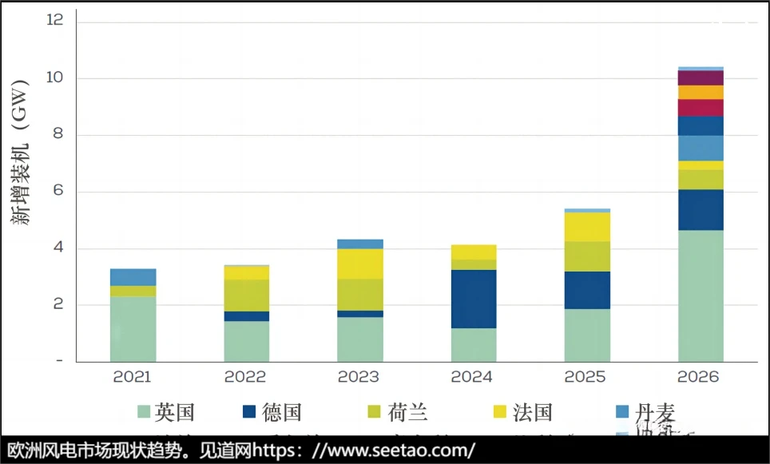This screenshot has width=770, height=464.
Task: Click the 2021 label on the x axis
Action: click(133, 376)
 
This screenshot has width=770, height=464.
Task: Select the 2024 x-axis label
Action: click(473, 376)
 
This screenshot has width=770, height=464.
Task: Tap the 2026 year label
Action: click(699, 376)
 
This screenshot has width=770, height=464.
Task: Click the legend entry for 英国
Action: click(166, 412)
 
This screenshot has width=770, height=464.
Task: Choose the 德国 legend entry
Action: click(272, 412)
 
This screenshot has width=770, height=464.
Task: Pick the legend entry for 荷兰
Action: click(397, 412)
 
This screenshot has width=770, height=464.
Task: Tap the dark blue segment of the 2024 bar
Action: click(473, 299)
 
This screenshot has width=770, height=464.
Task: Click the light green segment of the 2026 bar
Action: click(701, 295)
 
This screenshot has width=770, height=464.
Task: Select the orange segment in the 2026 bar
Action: click(701, 92)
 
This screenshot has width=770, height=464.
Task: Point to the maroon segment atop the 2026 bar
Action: click(701, 77)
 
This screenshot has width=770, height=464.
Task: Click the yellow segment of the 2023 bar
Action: click(359, 264)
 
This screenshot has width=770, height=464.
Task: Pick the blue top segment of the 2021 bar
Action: click(133, 277)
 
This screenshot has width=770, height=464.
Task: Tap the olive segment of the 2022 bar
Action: click(246, 295)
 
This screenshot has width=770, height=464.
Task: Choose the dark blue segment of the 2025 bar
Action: click(587, 290)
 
